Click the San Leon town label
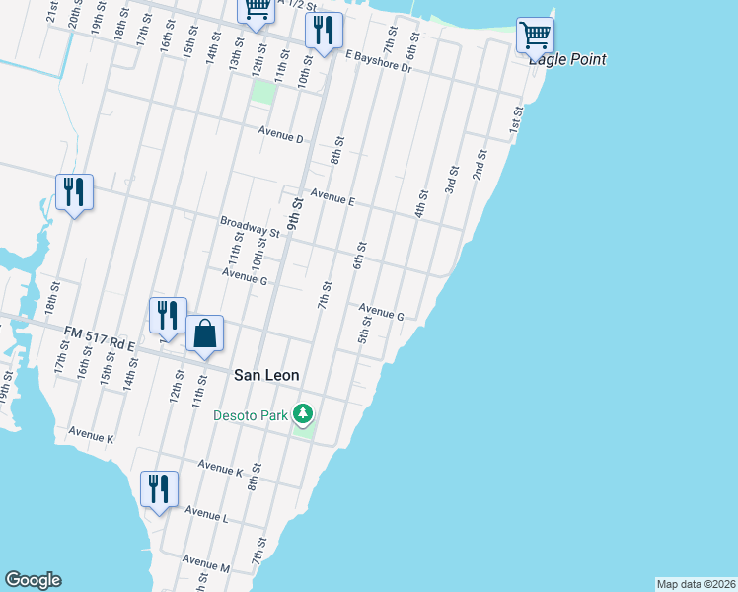coord(266,375)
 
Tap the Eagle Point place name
coord(566,60)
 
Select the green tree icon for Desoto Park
coord(306,412)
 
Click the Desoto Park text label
coord(251,415)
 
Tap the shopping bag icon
coord(204,334)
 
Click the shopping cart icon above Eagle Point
coord(535,36)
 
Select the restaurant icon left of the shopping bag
coord(168,316)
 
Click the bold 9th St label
coord(294,214)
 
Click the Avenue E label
coord(332,198)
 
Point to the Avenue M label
coord(211,568)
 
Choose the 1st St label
coord(515,120)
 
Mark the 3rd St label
coord(450,184)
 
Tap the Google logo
coord(33,580)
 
